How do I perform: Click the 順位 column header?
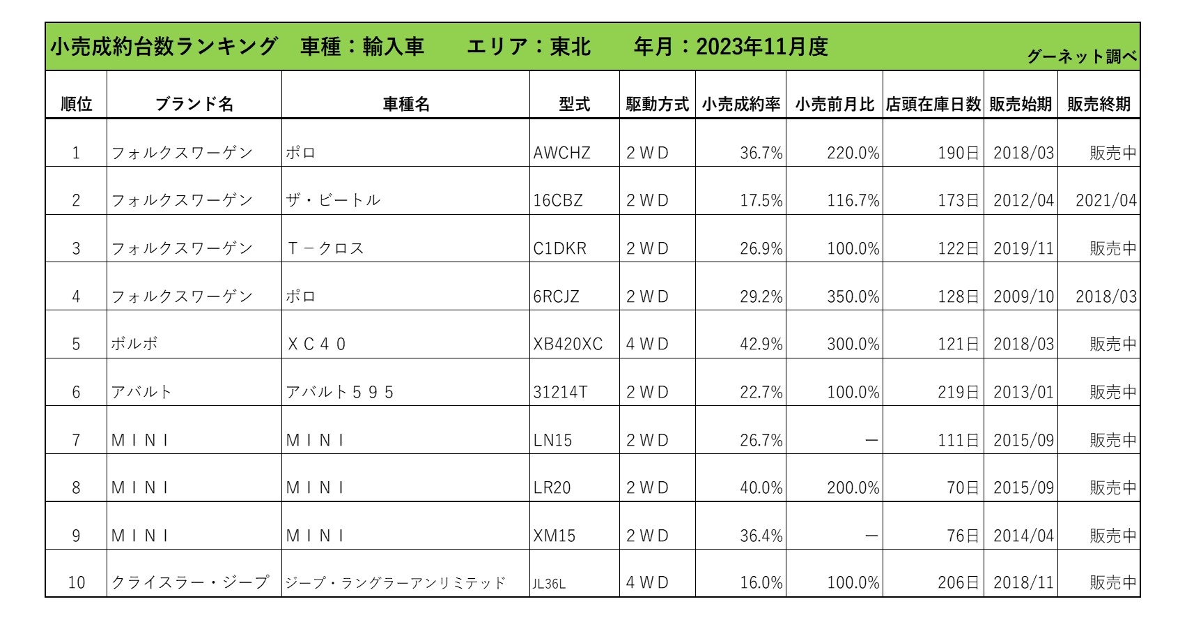tap(76, 104)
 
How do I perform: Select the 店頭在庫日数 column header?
tap(933, 104)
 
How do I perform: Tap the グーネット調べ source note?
tap(1081, 56)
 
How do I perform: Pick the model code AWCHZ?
tap(561, 153)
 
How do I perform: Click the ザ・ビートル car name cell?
tap(333, 200)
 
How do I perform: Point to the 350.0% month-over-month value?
tap(853, 296)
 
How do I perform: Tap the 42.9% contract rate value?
tap(761, 344)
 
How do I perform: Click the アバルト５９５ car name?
tap(340, 392)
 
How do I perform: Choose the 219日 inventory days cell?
tap(958, 392)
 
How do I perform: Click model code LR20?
tap(552, 487)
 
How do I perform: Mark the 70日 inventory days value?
tap(963, 487)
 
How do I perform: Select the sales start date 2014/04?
tap(1023, 536)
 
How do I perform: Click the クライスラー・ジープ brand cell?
tap(190, 582)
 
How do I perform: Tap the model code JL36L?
tap(549, 583)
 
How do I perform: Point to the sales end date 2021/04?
tap(1105, 200)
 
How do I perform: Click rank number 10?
tap(76, 582)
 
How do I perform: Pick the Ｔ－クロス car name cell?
tap(325, 248)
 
